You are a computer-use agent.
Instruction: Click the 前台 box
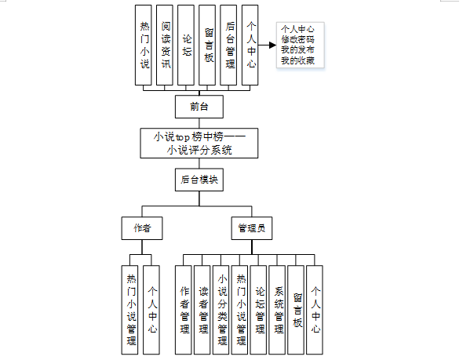tap(199, 107)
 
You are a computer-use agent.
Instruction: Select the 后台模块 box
tap(199, 180)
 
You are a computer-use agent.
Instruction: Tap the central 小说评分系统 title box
tap(199, 143)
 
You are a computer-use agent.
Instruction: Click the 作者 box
tap(142, 228)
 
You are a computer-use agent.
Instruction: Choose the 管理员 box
tap(252, 228)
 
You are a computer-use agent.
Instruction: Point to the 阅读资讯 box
tap(165, 45)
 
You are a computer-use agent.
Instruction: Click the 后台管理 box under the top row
tap(228, 45)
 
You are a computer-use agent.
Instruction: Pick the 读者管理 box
tap(202, 310)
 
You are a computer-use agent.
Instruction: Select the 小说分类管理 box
tap(221, 310)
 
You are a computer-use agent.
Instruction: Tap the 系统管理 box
tap(277, 310)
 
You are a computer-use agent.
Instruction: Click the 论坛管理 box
tap(258, 310)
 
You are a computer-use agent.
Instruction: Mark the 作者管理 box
tap(184, 310)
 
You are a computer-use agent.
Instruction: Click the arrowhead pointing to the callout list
tap(272, 45)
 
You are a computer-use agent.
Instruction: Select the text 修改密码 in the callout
tap(297, 39)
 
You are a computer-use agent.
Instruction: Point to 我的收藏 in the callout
tap(297, 60)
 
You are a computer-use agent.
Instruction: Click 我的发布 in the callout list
tap(297, 50)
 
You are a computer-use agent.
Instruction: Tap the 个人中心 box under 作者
tap(151, 310)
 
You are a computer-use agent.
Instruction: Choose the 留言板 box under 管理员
tap(296, 310)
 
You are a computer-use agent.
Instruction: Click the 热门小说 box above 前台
tap(143, 45)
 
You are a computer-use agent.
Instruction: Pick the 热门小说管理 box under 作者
tap(129, 310)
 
